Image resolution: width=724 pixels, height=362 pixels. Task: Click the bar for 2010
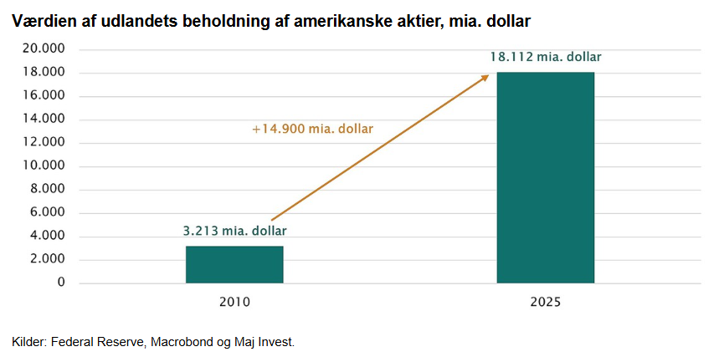tap(234, 264)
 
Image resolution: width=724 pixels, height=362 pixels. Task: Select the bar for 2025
tap(546, 177)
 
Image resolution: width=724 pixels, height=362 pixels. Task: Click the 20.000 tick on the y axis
tap(44, 48)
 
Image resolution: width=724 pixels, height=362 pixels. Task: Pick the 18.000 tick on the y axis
tap(44, 72)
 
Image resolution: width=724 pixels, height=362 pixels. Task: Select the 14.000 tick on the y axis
tap(44, 119)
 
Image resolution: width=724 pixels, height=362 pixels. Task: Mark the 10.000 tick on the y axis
tap(44, 166)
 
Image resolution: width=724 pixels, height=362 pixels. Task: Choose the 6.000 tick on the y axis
tap(47, 212)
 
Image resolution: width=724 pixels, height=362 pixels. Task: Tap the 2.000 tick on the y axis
tap(47, 259)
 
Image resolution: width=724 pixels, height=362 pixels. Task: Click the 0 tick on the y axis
tap(61, 283)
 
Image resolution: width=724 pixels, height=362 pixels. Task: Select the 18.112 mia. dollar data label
tap(546, 57)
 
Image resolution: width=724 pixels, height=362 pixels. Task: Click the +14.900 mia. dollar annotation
tap(312, 130)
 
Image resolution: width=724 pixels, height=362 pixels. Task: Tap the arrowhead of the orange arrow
tap(485, 78)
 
